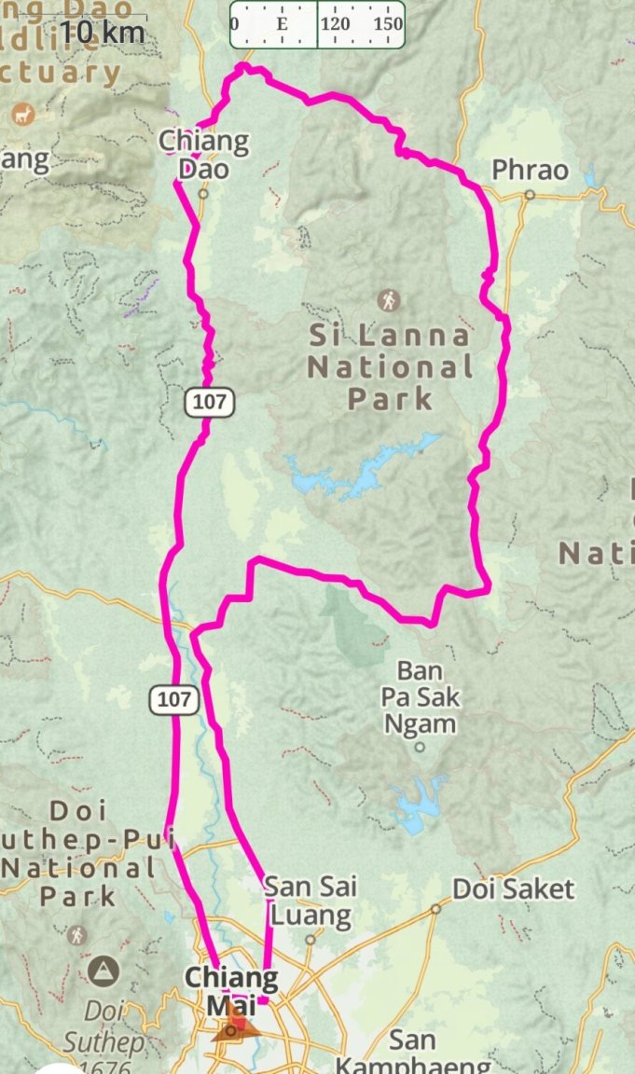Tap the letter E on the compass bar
(282, 24)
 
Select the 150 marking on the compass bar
(387, 24)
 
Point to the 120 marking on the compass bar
(336, 24)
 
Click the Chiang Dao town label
(203, 156)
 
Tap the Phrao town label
(529, 171)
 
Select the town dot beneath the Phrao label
(529, 195)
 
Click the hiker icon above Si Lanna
(388, 300)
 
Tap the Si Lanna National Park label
(390, 367)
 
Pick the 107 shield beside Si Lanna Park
(208, 403)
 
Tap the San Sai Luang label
(309, 901)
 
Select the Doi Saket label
(513, 888)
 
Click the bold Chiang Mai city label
(230, 991)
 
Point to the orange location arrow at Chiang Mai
(236, 1026)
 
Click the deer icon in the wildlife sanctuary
(22, 115)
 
